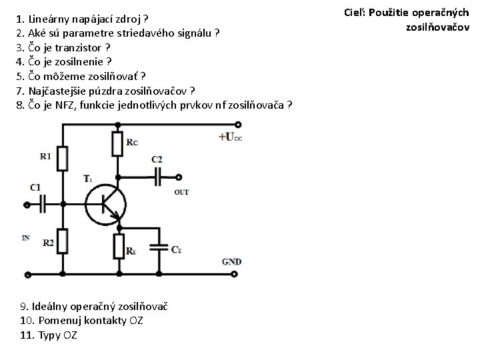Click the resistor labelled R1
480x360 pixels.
click(62, 159)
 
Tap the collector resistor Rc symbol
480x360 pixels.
click(117, 143)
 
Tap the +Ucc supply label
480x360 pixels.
click(229, 137)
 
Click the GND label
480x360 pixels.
click(231, 262)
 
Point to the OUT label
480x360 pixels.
click(181, 192)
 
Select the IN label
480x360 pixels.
click(25, 237)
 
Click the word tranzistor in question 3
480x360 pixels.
click(81, 48)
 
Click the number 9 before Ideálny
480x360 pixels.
click(23, 307)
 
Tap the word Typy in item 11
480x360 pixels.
click(49, 335)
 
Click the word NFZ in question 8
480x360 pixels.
click(66, 105)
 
